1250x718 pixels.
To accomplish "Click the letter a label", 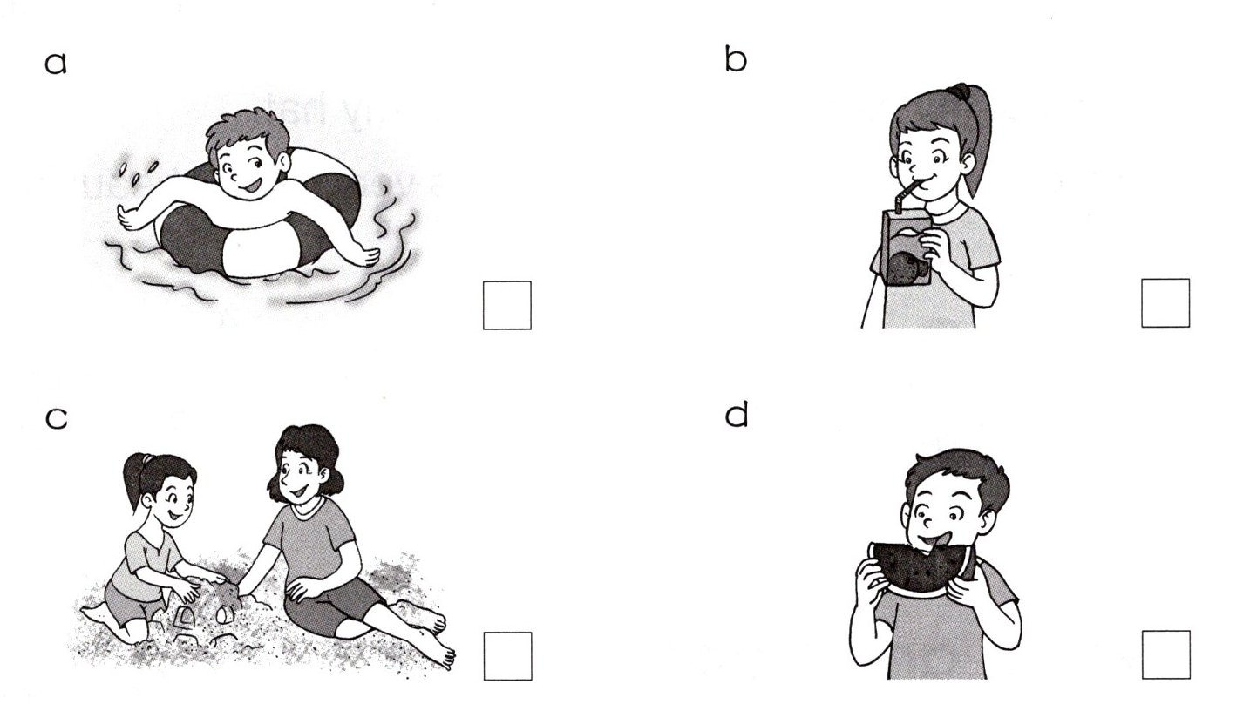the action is point(55,64).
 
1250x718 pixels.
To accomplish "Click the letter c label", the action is point(56,418).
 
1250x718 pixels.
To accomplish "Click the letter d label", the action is point(736,416).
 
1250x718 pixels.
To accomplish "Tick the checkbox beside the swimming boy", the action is point(506,305).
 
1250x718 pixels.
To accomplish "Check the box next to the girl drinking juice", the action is point(1165,303).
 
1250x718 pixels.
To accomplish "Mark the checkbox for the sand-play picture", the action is point(507,656).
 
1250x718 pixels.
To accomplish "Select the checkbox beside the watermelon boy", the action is point(1165,655).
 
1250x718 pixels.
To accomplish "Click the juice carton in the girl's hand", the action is point(907,248).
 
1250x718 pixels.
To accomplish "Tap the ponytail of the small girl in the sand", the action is point(134,478).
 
